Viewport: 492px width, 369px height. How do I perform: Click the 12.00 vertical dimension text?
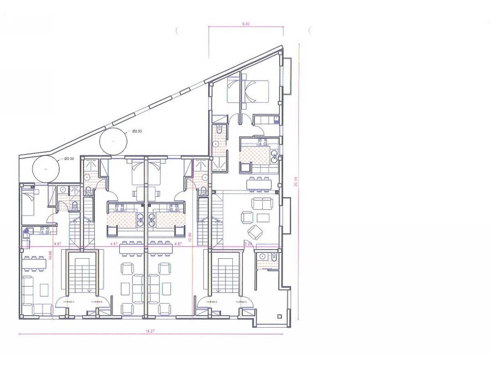pos(190,236)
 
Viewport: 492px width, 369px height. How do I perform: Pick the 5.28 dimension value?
pos(248,245)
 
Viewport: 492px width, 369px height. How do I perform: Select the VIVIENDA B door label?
pos(96,302)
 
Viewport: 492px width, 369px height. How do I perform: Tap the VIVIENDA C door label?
pos(211,302)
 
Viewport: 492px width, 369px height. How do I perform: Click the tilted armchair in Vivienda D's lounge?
pos(254,233)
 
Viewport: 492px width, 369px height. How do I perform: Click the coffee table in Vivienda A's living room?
pos(44,289)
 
